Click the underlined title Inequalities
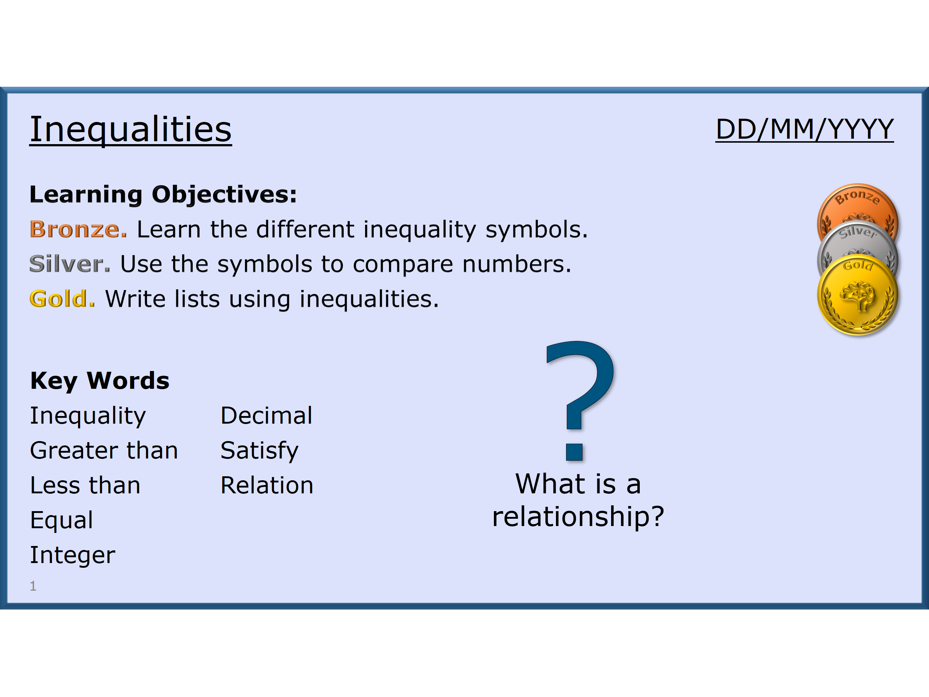click(130, 130)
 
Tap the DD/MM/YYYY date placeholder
click(804, 129)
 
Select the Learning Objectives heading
click(163, 195)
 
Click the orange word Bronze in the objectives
click(78, 229)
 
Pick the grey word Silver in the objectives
click(70, 264)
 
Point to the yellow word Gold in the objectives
click(62, 299)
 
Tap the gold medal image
click(858, 296)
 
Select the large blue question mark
click(580, 401)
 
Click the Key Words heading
click(99, 381)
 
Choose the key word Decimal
click(266, 416)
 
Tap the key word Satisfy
click(259, 451)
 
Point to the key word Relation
click(267, 486)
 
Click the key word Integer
click(73, 555)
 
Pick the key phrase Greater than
click(104, 451)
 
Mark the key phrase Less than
click(85, 486)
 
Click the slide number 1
click(33, 586)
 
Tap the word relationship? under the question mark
click(578, 517)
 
